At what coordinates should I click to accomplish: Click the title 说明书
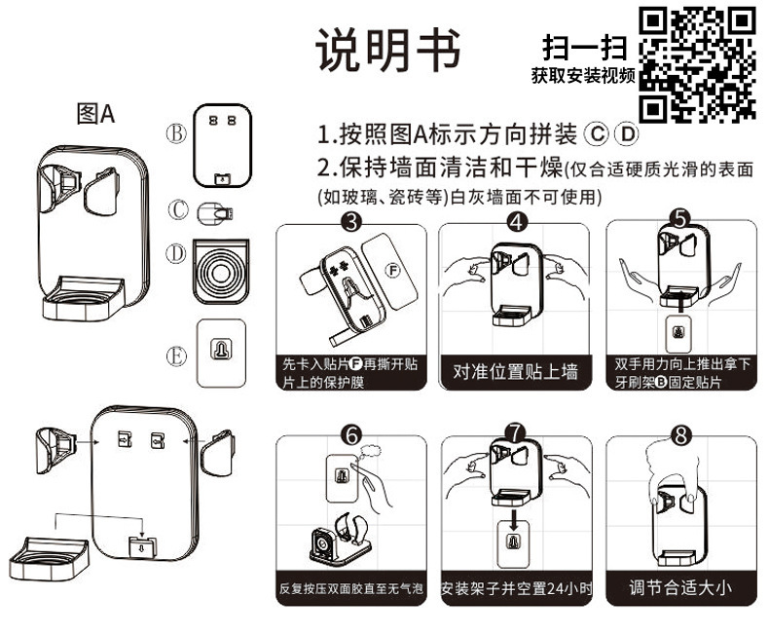point(387,48)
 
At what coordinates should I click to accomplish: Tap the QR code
point(698,63)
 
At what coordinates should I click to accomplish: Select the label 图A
point(95,114)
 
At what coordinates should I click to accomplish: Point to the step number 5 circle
point(680,221)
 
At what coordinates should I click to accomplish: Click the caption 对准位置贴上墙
point(516,371)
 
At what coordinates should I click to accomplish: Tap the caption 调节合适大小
point(680,587)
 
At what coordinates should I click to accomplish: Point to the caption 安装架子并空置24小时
point(516,588)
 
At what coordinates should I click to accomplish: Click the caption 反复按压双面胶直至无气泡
point(352,588)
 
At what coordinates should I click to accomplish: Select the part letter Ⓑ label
point(175,134)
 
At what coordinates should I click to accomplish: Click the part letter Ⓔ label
point(175,356)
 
